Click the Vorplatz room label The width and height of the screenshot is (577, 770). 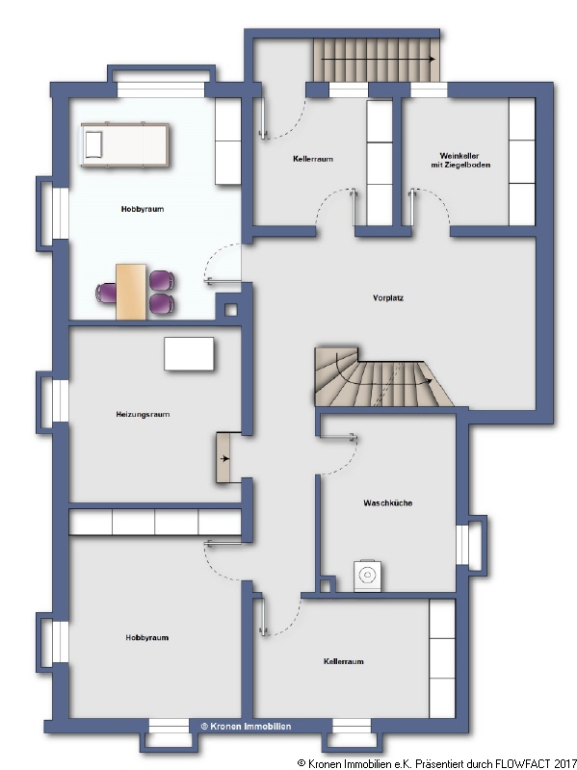coord(387,297)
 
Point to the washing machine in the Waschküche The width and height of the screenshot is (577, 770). coord(367,575)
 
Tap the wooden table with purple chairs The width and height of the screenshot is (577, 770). coord(131,291)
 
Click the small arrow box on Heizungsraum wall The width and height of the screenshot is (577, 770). coord(228,457)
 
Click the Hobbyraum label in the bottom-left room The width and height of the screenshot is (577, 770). coord(146,637)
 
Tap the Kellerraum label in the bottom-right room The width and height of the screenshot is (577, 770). coord(343,661)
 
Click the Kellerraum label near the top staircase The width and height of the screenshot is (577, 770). coord(312,159)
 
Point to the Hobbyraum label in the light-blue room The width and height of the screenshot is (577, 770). coord(142,209)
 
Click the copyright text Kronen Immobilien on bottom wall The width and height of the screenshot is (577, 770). coord(245,726)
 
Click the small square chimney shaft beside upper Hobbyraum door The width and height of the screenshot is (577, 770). coord(231,310)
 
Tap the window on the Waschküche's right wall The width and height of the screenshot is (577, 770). coord(471,545)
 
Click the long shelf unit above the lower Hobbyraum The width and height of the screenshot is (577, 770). coord(154,522)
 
